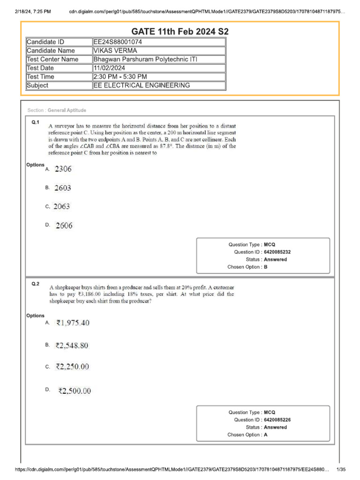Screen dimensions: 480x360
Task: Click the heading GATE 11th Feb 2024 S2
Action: coord(180,32)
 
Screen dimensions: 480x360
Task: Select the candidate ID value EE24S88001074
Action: coord(118,42)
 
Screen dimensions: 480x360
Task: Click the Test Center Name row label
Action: coord(52,60)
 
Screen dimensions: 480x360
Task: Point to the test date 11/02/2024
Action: coord(110,68)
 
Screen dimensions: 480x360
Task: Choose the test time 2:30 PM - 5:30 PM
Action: coord(120,77)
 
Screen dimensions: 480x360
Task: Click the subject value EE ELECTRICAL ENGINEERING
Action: coord(142,85)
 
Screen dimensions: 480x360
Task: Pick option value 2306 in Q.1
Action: coord(63,169)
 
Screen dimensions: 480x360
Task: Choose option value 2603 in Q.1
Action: coord(63,188)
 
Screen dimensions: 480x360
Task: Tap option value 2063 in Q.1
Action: coord(62,207)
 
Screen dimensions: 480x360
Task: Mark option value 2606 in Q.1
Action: coord(64,226)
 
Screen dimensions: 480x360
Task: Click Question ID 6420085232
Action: coord(280,252)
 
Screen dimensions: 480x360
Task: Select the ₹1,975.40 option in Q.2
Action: coord(72,323)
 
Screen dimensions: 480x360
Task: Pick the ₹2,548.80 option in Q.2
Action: coord(72,345)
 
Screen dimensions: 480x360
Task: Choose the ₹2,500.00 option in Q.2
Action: coord(75,390)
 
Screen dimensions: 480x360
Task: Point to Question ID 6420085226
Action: coord(280,420)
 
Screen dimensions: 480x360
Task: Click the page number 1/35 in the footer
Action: coord(341,470)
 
